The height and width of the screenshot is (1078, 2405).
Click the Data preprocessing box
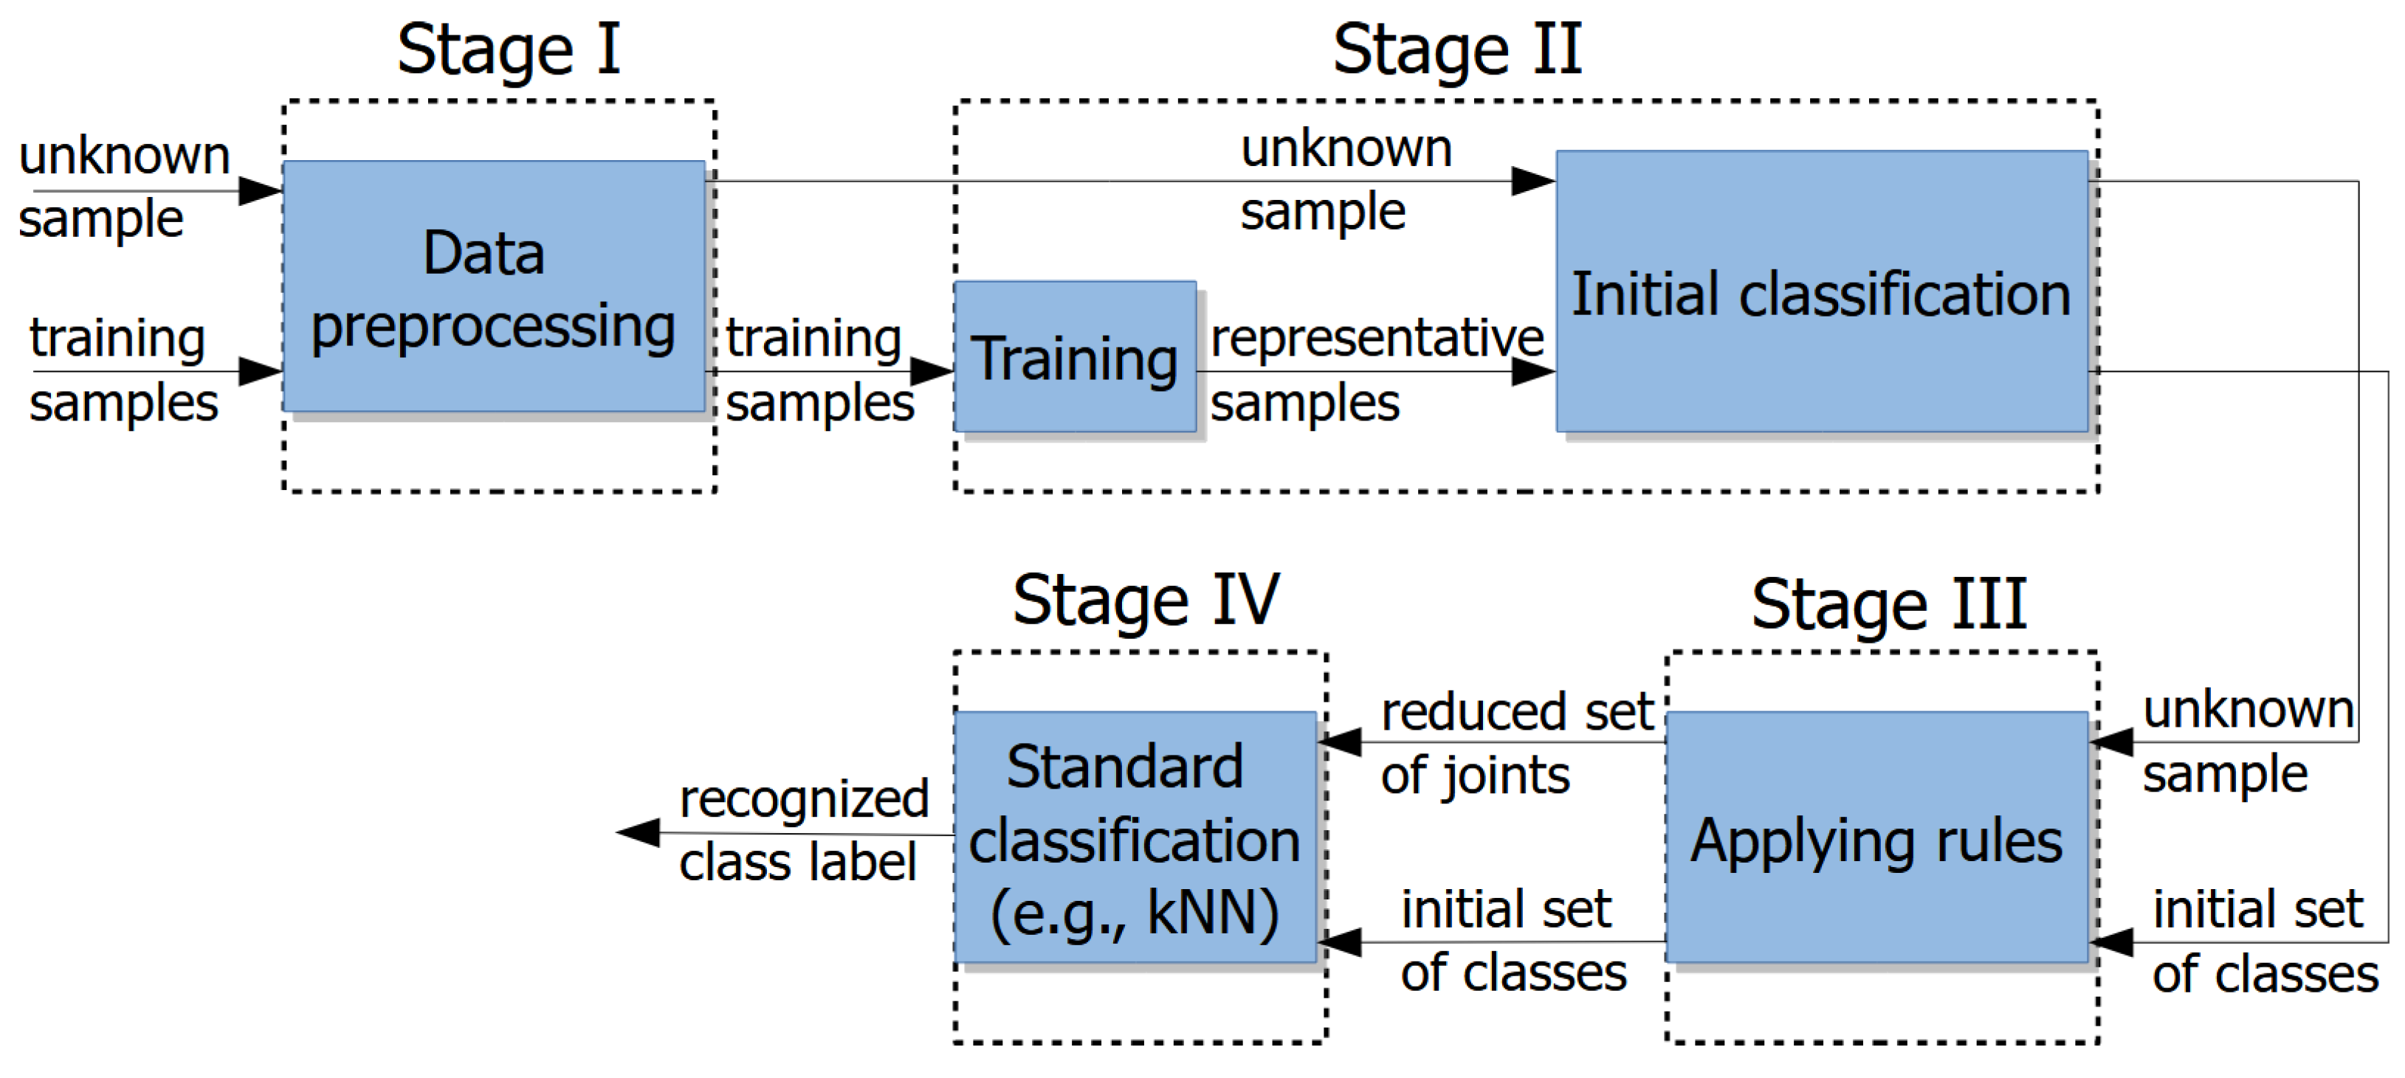point(494,286)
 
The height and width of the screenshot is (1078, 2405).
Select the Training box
point(1075,357)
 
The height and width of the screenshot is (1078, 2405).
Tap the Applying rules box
point(1876,837)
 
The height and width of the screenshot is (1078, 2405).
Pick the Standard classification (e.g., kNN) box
point(1135,837)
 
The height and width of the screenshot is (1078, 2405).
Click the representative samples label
point(1375,370)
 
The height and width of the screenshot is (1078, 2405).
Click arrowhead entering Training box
point(932,371)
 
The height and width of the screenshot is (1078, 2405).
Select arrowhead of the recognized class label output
point(639,832)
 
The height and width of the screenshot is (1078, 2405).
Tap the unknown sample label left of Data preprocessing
point(123,187)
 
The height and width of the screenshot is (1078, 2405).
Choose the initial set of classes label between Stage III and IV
point(1512,940)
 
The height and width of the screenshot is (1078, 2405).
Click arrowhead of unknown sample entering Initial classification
point(1533,181)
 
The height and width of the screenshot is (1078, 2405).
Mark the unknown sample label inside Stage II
point(1344,179)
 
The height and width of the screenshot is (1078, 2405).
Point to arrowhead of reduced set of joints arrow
point(1341,743)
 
